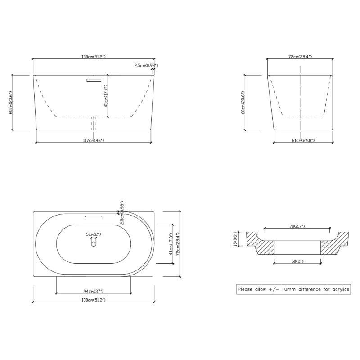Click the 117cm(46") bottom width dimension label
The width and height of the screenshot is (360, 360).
(x=94, y=140)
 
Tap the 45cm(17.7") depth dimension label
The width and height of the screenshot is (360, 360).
(x=106, y=96)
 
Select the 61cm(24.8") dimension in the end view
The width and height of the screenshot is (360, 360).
(x=303, y=140)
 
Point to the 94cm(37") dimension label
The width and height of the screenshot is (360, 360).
(x=94, y=291)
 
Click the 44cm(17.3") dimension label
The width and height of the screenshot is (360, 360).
(x=171, y=244)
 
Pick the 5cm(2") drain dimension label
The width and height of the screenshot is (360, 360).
(x=94, y=234)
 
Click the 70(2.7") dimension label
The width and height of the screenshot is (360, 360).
(x=297, y=226)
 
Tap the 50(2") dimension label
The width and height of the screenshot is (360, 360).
(x=297, y=261)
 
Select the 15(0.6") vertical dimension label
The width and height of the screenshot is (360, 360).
(x=235, y=239)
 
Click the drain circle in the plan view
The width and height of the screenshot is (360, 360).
(x=94, y=243)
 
